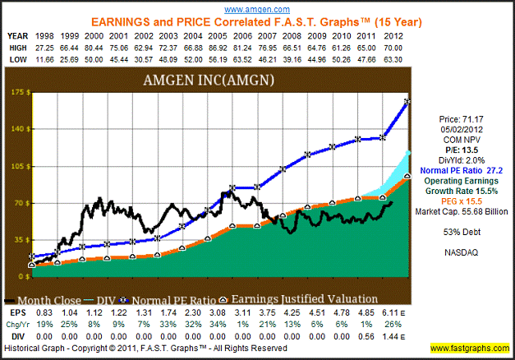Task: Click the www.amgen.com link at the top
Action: coord(258,7)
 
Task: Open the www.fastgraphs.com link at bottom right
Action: coord(472,348)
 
